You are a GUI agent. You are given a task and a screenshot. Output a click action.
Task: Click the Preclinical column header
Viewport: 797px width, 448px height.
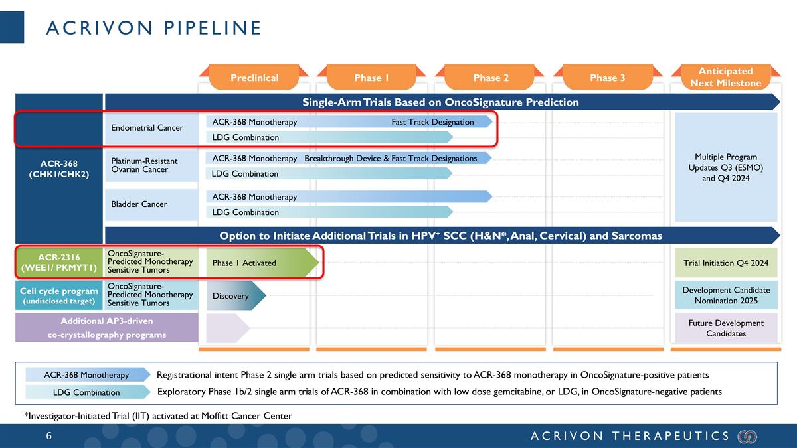(x=254, y=78)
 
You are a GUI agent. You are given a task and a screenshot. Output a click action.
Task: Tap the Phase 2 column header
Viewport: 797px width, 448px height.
(x=491, y=78)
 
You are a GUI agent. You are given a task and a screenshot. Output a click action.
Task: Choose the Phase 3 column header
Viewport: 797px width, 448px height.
(x=607, y=78)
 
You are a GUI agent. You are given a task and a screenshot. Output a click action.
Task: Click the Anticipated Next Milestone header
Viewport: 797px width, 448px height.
(x=725, y=77)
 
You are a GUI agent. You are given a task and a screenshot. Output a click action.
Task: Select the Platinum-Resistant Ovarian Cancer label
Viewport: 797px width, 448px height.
(x=144, y=165)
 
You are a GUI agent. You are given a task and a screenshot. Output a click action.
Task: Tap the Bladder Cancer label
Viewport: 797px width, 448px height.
(x=139, y=204)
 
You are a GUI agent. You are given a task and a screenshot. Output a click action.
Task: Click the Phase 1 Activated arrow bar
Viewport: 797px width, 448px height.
(x=259, y=263)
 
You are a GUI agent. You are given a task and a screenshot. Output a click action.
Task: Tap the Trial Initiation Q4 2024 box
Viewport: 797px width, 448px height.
(x=725, y=263)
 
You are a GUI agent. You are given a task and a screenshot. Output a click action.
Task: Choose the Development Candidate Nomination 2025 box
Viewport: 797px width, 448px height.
(x=725, y=295)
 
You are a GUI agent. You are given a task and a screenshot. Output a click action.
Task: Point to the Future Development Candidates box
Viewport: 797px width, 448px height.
(x=725, y=328)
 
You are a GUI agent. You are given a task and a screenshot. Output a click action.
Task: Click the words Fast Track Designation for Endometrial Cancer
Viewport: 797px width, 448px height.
(x=432, y=122)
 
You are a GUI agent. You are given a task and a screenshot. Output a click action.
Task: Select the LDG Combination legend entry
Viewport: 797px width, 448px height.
(x=87, y=392)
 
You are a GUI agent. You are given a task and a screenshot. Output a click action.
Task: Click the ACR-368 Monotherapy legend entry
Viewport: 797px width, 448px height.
(x=87, y=375)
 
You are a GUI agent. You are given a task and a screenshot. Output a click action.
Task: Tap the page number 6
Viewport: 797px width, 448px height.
(x=49, y=436)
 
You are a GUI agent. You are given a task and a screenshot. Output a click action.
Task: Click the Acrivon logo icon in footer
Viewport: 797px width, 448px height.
(x=747, y=436)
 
